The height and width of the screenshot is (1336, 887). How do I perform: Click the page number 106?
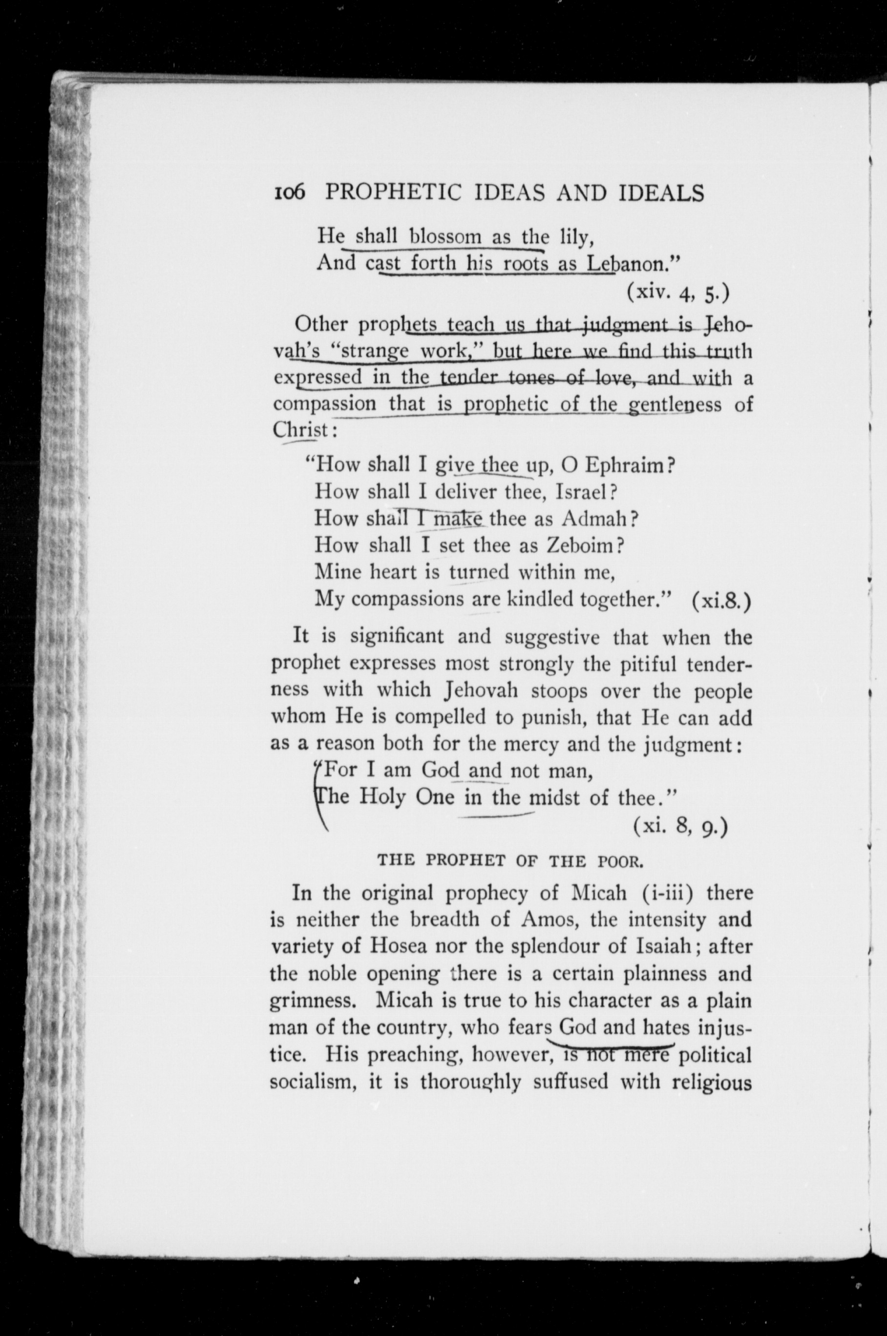pos(289,193)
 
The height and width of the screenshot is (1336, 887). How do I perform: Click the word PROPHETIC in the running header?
pos(394,193)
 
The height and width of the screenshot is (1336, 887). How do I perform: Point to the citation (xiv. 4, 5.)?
pos(677,292)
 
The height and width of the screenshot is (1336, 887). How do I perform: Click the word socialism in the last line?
pos(313,1082)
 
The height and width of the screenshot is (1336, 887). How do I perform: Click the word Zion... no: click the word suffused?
pos(571,1082)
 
